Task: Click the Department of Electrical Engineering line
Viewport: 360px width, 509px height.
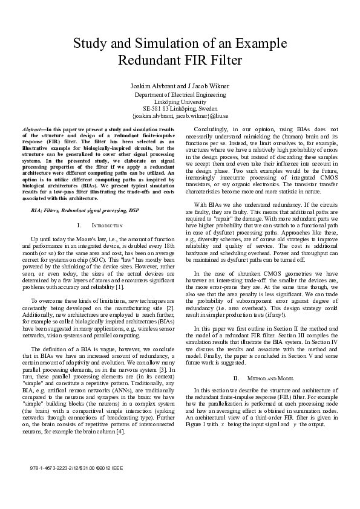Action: click(x=180, y=95)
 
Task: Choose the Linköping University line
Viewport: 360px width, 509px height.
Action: click(x=180, y=102)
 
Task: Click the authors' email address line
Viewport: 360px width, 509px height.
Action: click(x=180, y=116)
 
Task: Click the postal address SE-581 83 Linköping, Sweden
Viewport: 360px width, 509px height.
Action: click(x=180, y=109)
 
